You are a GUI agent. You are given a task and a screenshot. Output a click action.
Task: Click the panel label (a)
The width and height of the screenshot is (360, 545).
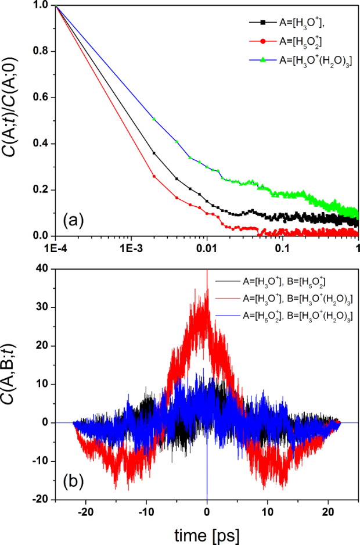(75, 221)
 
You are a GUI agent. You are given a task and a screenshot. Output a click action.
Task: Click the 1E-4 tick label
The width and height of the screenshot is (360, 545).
(55, 246)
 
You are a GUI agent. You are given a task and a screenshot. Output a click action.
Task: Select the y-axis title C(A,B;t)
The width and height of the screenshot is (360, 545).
(17, 384)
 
